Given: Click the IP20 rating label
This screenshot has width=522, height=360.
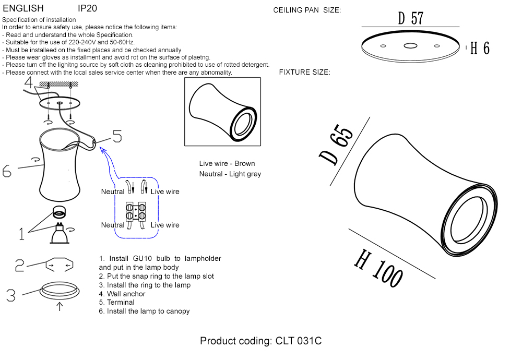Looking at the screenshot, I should pos(87,8).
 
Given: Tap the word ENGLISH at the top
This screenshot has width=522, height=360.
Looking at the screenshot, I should pos(23,8).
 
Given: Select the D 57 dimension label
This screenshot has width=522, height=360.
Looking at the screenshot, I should pos(410,18).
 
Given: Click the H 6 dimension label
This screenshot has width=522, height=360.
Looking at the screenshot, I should pos(480,48).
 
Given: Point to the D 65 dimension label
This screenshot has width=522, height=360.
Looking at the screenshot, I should pos(336,146).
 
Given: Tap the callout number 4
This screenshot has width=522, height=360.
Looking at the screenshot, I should pos(28,82).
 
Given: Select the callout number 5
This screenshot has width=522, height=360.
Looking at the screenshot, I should pos(117,137).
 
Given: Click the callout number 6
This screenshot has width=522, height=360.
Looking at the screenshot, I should pos(7,171).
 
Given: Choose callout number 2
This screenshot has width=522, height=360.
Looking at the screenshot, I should pos(19,266).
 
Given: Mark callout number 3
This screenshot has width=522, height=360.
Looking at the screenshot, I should pos(11,295).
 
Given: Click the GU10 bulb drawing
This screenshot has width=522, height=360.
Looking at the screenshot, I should pos(61,234).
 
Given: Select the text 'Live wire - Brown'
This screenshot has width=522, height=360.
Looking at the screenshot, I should pos(227,164).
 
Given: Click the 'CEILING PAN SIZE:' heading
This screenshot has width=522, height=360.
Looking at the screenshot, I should pos(307,10).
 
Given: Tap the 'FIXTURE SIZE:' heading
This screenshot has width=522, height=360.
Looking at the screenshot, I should pos(304,72).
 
